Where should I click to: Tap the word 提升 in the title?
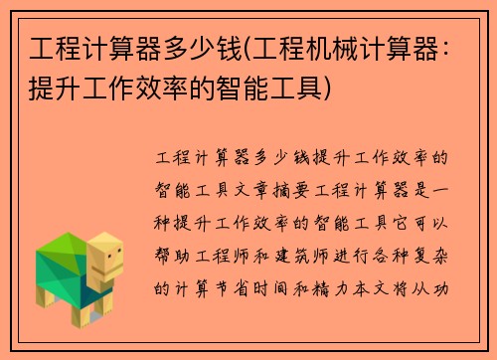(55, 87)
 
